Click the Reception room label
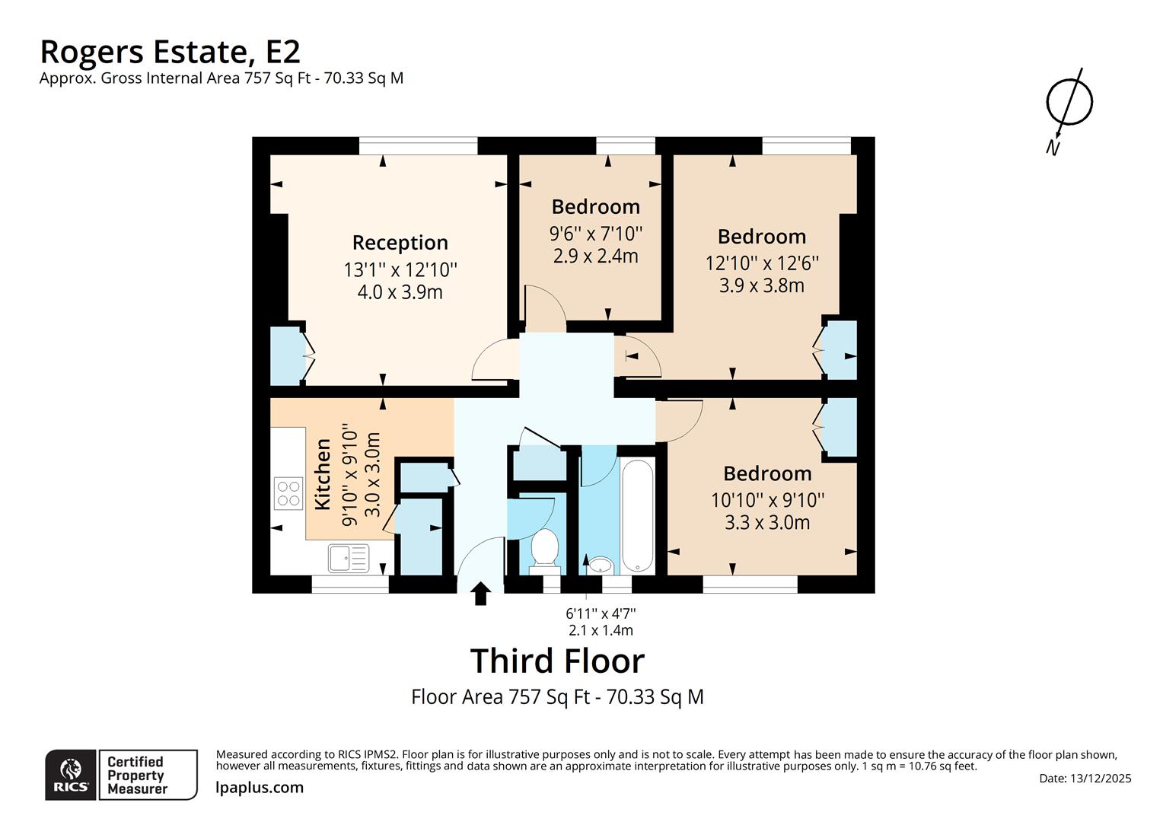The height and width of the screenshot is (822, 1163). tap(400, 243)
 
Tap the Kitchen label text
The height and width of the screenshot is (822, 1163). tap(323, 473)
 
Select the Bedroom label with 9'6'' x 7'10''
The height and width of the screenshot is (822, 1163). tap(595, 207)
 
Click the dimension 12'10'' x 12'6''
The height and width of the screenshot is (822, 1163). tap(762, 263)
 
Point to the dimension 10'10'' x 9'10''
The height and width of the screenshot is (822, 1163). tap(767, 500)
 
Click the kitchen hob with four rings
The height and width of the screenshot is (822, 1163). tap(288, 493)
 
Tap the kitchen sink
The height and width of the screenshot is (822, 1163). tap(349, 558)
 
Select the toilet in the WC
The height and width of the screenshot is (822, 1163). tap(543, 549)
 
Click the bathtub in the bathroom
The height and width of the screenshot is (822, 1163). tap(637, 516)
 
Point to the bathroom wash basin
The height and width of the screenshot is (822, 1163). tap(601, 565)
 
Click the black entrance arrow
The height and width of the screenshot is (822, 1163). tap(480, 594)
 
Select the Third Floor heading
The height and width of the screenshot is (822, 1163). tap(557, 661)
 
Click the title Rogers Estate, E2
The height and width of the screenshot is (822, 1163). tap(170, 52)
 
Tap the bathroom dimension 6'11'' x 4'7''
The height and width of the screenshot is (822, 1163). tap(601, 613)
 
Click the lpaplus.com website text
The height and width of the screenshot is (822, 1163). tap(260, 788)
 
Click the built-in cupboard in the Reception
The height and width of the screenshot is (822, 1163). tap(285, 355)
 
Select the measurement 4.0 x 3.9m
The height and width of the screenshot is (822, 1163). tap(400, 292)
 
